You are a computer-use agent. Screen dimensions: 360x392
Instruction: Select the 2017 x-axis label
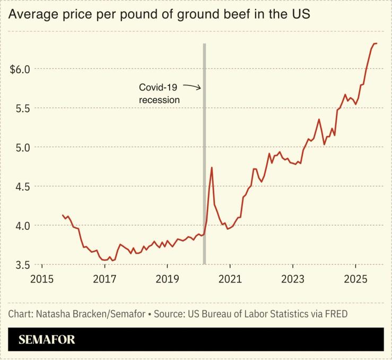104,278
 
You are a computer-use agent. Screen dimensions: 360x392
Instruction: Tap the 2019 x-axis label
167,278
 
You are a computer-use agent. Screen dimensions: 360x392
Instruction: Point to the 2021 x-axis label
230,278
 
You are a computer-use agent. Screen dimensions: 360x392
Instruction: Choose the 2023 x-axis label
293,278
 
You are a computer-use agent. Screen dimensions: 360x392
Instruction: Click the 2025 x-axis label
355,278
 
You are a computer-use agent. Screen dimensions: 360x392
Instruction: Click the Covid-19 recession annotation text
160,93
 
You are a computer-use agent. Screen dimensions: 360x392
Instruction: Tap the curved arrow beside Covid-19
194,88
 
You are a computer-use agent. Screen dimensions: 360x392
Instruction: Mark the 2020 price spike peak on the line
212,167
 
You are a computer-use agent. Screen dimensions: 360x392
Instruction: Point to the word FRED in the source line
336,314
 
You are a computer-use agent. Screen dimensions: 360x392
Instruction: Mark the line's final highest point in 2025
375,44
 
